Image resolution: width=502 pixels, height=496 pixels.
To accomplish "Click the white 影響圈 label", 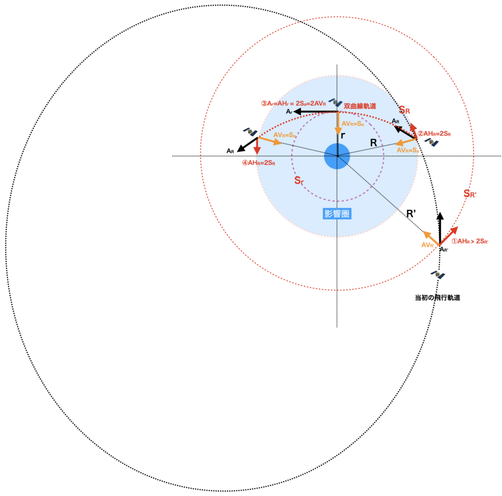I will click(x=337, y=214).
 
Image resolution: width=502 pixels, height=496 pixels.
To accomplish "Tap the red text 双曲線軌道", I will click(x=360, y=106).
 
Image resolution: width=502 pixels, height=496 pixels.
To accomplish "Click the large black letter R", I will click(x=374, y=143).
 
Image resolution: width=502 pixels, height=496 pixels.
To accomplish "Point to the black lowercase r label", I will click(x=343, y=135).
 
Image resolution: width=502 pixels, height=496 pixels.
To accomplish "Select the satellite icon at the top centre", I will click(x=335, y=103).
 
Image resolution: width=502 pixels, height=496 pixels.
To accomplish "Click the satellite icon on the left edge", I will click(x=250, y=131).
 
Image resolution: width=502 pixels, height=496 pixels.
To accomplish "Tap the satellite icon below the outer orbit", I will click(x=437, y=275).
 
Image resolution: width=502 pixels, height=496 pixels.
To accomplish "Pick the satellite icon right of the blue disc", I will click(x=431, y=142).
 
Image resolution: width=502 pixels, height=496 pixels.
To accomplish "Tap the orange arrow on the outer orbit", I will click(x=431, y=237).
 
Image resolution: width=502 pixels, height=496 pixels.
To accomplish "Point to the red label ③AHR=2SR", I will click(x=258, y=163).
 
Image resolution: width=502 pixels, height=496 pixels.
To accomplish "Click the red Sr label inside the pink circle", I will click(x=299, y=181).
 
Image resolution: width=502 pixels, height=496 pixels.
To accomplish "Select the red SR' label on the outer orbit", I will click(x=470, y=194).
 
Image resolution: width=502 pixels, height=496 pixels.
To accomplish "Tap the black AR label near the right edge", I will click(x=395, y=121).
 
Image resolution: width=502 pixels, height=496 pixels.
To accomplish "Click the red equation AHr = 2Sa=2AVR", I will click(x=293, y=104).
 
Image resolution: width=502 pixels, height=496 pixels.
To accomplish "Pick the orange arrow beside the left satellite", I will click(x=270, y=141).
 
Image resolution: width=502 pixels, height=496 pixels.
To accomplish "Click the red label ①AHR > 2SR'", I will click(x=470, y=241).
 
